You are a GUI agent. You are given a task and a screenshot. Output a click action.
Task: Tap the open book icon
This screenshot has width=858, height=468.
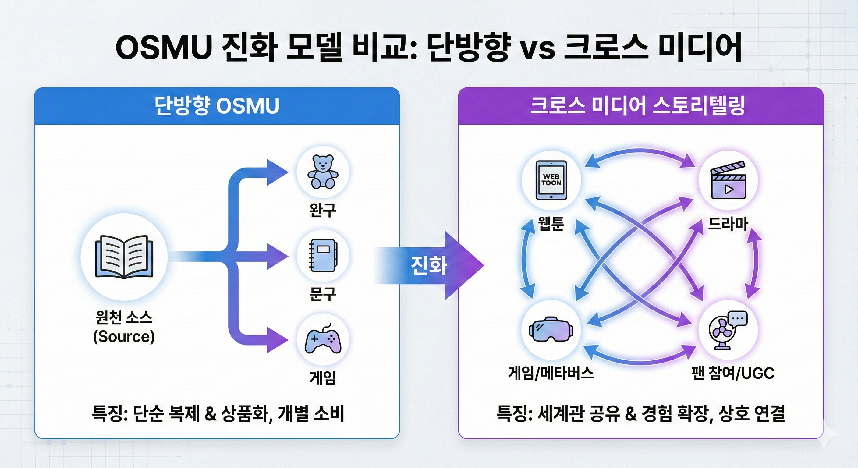pos(124,257)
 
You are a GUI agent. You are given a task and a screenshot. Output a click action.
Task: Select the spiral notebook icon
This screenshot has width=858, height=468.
pos(323,256)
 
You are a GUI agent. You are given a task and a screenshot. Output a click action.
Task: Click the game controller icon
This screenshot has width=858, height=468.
pos(323,340)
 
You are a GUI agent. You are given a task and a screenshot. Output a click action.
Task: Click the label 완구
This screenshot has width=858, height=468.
pos(322,210)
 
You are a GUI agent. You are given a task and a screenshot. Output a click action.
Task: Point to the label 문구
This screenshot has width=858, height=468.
pos(322,294)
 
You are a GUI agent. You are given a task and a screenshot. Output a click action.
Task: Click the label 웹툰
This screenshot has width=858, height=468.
pos(551,223)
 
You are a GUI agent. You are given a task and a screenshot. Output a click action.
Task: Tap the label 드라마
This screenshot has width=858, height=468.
pos(728,223)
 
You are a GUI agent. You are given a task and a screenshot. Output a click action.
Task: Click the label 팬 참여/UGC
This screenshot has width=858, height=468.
pos(733,373)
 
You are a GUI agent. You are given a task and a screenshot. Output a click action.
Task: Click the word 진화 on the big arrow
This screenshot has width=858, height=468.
pos(429,266)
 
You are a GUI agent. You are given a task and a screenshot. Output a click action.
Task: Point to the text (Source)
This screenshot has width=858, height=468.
pos(124,336)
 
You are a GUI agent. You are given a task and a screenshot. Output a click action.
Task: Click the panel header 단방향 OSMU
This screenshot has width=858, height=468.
pos(217,106)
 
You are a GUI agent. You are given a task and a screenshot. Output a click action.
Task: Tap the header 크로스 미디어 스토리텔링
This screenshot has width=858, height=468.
pos(637,106)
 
